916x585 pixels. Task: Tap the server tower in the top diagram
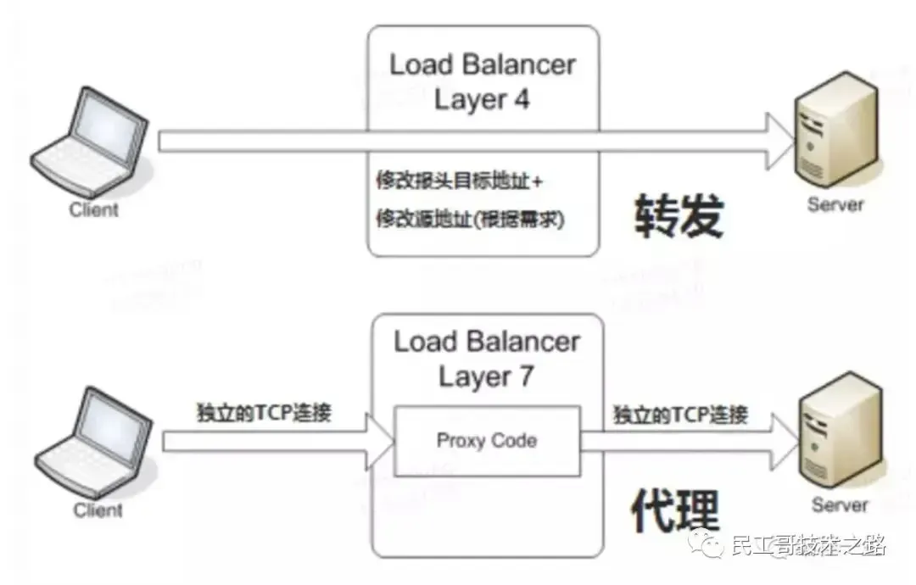coord(835,139)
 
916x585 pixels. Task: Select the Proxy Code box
coord(487,441)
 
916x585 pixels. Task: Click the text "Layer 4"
coord(482,99)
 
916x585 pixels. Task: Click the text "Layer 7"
coord(486,376)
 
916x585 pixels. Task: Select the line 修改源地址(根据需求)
coord(471,220)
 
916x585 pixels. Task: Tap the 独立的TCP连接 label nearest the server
coord(680,414)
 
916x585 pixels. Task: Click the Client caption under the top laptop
coord(94,209)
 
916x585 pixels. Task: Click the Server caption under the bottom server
coord(840,505)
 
